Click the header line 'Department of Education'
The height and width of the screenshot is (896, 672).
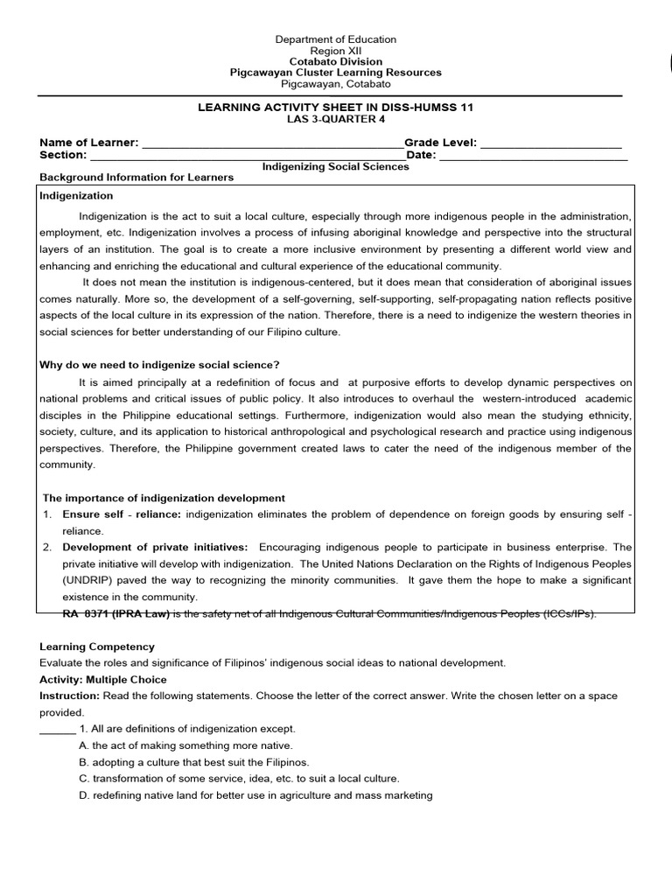click(336, 39)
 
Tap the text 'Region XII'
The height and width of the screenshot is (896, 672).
click(336, 51)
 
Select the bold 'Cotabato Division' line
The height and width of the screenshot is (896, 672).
click(336, 62)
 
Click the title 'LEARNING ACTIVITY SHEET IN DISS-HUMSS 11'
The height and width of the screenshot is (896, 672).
click(336, 108)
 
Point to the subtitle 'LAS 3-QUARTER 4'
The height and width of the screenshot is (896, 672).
click(336, 120)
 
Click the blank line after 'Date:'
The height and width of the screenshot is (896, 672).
click(533, 157)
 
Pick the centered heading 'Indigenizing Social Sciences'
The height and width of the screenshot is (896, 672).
click(336, 166)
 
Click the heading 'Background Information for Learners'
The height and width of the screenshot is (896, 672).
click(136, 178)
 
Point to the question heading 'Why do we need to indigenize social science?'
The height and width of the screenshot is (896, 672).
click(159, 365)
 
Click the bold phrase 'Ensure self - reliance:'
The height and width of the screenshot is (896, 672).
click(122, 514)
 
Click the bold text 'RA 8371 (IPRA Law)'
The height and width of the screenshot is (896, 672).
click(115, 613)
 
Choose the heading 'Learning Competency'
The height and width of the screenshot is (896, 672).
click(97, 647)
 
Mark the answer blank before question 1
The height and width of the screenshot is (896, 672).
click(58, 729)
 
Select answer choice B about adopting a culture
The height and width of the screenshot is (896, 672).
click(193, 762)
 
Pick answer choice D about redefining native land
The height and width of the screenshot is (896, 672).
click(255, 795)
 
